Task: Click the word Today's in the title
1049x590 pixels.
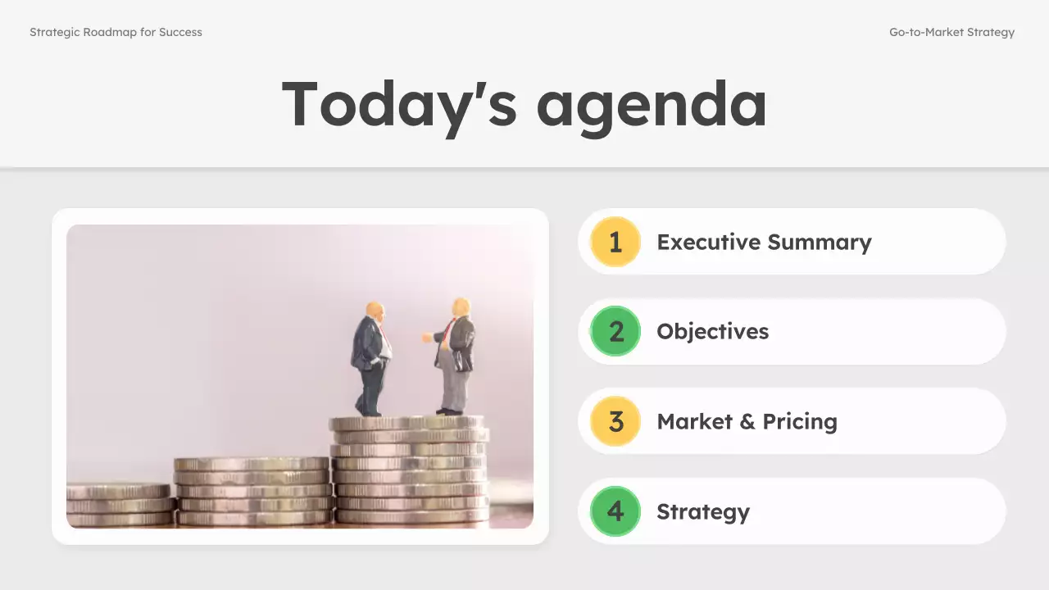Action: point(398,105)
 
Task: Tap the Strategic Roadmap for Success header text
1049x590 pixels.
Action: point(116,33)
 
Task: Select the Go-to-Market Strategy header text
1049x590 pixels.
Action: point(951,33)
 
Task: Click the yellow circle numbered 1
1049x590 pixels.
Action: point(615,242)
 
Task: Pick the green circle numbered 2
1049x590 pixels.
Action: point(615,331)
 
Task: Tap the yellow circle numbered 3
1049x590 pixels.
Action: point(615,421)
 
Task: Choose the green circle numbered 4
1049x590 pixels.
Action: point(615,511)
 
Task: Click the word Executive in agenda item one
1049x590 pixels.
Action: point(708,243)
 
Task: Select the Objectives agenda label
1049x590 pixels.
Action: point(712,332)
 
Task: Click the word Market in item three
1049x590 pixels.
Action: point(693,421)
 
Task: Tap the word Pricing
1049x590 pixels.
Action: point(799,422)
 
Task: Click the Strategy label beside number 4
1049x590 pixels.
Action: point(703,512)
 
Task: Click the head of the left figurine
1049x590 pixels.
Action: point(375,311)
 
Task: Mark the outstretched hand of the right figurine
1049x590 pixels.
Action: point(427,337)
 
